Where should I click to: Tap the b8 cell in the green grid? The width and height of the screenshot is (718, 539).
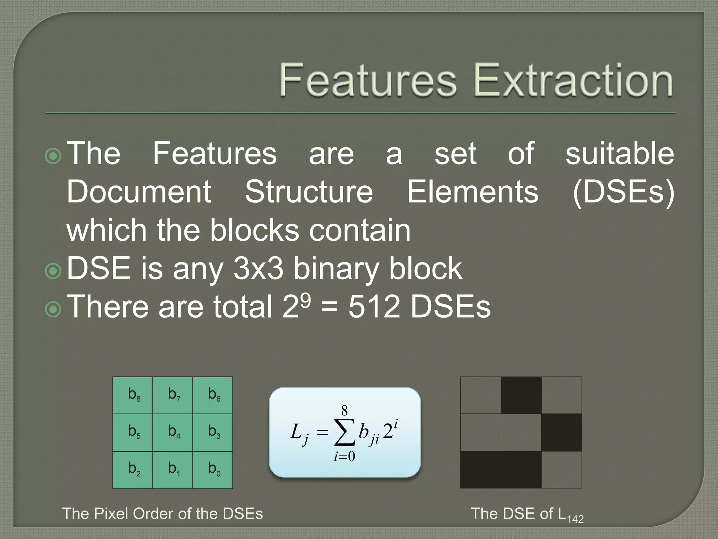(133, 395)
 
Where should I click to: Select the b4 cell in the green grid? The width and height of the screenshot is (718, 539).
(172, 432)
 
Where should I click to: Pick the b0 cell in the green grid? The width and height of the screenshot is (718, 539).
(213, 470)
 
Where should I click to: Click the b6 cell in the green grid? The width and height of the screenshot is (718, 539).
(213, 395)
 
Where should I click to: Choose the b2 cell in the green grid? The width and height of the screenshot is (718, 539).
(133, 470)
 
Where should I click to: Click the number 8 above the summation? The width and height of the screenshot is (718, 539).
(344, 410)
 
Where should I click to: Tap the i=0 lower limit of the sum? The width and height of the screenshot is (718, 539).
(344, 456)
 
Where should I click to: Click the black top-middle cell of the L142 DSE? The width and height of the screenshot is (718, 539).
(521, 395)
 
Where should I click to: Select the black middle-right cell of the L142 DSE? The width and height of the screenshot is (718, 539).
(561, 432)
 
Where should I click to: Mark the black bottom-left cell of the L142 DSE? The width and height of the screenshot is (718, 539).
(481, 470)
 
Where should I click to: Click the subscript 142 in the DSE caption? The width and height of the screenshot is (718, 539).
(575, 519)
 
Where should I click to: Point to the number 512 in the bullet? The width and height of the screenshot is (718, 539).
(374, 307)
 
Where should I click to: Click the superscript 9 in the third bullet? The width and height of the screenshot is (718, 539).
(305, 300)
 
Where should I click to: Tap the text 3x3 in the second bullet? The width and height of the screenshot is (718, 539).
(258, 268)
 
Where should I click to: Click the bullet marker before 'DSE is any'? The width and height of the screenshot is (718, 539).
(53, 271)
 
